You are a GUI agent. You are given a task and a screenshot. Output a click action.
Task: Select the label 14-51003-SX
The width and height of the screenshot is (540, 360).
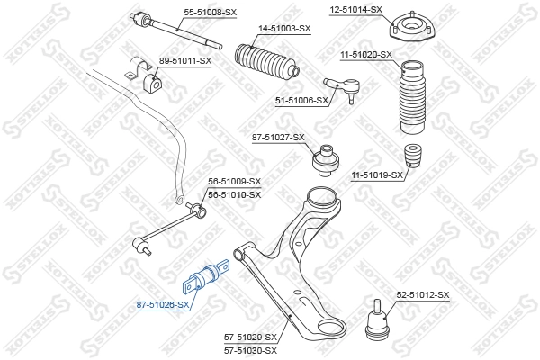click(x=284, y=30)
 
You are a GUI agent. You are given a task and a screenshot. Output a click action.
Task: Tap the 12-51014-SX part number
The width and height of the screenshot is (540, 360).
click(x=356, y=9)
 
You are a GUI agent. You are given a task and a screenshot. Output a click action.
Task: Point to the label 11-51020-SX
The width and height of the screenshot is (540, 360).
click(x=366, y=55)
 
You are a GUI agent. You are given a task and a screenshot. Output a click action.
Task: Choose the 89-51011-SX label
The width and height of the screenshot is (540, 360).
click(x=184, y=60)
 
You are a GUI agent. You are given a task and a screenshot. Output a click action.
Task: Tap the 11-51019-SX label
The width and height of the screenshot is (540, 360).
click(x=377, y=175)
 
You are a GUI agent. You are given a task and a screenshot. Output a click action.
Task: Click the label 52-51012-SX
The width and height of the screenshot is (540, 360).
click(x=422, y=295)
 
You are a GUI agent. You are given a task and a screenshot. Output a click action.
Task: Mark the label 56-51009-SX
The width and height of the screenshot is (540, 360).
click(x=234, y=181)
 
